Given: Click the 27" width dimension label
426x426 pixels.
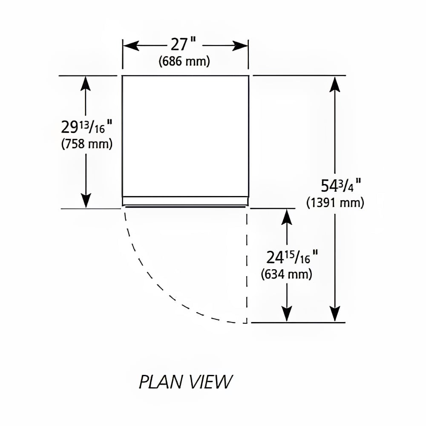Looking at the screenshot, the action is tap(183, 44).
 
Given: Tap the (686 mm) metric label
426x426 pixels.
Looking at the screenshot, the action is tap(184, 61).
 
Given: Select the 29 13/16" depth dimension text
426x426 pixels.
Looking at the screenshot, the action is tap(86, 127).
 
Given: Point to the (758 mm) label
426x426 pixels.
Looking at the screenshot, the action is tap(86, 144).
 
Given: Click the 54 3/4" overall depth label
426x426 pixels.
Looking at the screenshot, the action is tap(341, 186).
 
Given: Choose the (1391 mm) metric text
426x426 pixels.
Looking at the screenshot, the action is tap(335, 203).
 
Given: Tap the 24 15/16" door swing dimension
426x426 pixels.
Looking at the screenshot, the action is tap(292, 257).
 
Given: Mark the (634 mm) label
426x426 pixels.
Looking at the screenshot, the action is tap(286, 274).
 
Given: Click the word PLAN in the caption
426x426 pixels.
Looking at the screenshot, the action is tap(161, 382).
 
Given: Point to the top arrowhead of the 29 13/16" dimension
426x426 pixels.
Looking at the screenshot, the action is tap(86, 83).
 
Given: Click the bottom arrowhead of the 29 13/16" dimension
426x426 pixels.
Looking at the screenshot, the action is tap(86, 200).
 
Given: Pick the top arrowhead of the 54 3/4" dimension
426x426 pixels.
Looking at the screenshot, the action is tap(335, 84).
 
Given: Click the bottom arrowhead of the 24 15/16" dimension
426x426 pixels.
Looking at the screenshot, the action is tap(287, 314).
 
